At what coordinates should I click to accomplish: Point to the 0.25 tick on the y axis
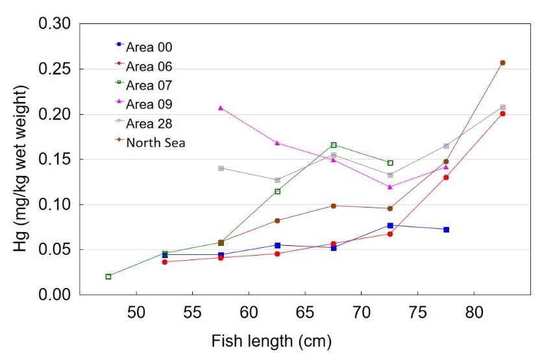pos(55,69)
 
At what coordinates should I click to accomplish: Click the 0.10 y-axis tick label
pos(55,204)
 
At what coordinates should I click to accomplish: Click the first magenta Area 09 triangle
pos(221,108)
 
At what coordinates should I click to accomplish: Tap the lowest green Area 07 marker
pos(108,276)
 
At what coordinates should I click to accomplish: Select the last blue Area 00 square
pos(447,230)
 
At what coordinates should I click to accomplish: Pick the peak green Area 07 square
pos(334,145)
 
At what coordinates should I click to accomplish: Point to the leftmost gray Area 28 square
pos(221,168)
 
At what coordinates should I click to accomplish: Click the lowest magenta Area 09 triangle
pos(390,187)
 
